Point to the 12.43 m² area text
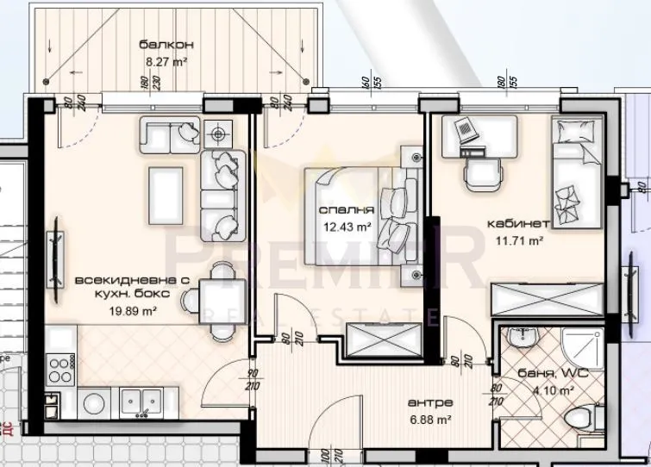(347, 227)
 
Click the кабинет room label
(518, 223)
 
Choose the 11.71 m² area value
(518, 242)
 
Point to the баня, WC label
(544, 374)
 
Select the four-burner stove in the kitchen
(60, 370)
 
